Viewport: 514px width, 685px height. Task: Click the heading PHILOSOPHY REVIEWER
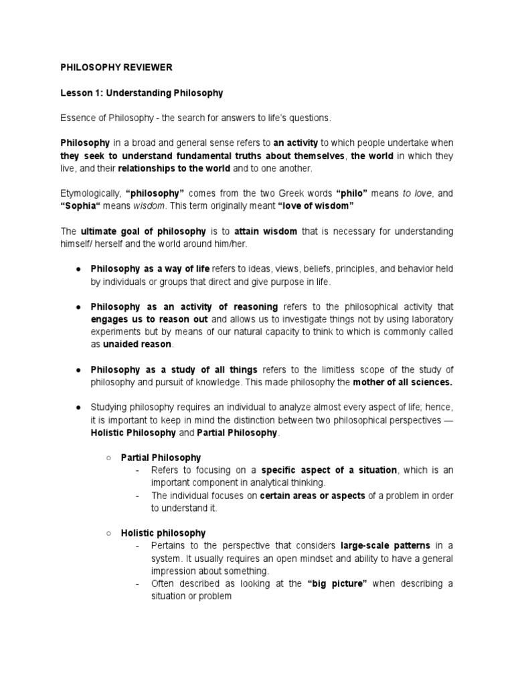point(116,68)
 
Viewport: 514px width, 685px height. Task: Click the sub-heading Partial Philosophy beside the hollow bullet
point(161,458)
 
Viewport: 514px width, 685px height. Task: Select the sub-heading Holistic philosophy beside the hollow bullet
point(163,533)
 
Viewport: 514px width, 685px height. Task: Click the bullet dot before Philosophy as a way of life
point(78,269)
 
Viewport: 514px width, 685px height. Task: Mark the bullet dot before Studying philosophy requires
point(78,407)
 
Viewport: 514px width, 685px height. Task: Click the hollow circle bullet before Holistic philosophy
point(109,533)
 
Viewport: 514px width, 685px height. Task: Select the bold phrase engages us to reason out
point(149,319)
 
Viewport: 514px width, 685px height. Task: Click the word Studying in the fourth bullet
point(110,407)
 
